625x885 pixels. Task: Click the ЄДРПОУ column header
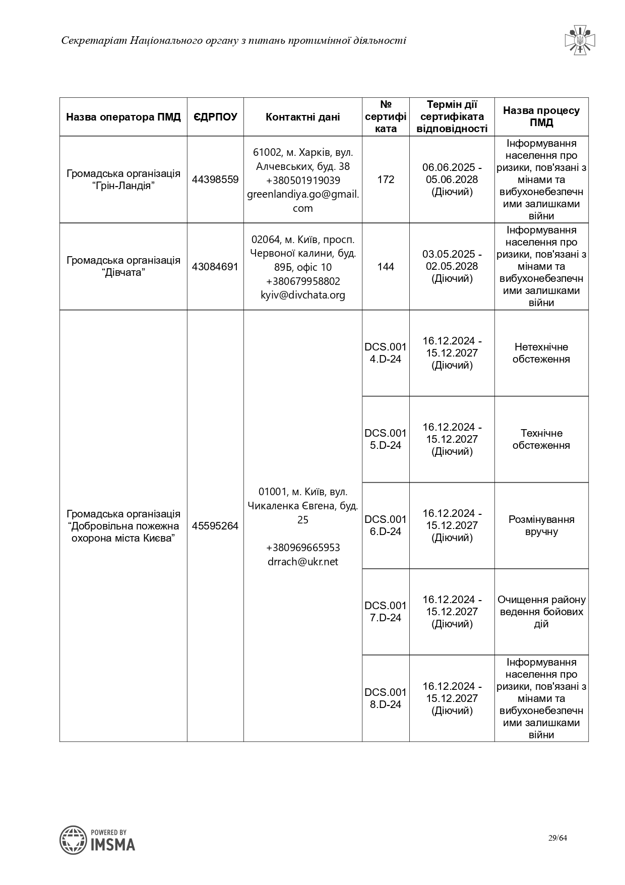(215, 117)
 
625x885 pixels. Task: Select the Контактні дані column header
(302, 117)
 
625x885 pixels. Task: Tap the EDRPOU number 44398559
(215, 180)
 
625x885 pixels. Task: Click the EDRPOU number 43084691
(215, 267)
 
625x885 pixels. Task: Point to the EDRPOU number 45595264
(215, 526)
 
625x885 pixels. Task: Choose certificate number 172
(386, 180)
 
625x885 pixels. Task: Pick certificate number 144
(386, 267)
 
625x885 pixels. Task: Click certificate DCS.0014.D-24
(386, 353)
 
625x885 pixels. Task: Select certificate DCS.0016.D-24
(386, 525)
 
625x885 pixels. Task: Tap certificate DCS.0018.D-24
(386, 698)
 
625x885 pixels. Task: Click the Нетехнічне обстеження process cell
(541, 353)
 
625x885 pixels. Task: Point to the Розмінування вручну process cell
(541, 525)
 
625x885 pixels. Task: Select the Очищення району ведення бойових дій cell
(541, 612)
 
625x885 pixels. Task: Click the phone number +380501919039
(303, 181)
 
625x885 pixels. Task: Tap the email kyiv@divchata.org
(303, 295)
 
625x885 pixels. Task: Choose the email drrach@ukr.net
(303, 562)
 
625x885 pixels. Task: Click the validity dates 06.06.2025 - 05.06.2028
(452, 173)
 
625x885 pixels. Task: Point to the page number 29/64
(558, 838)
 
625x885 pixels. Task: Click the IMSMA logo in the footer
(98, 840)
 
